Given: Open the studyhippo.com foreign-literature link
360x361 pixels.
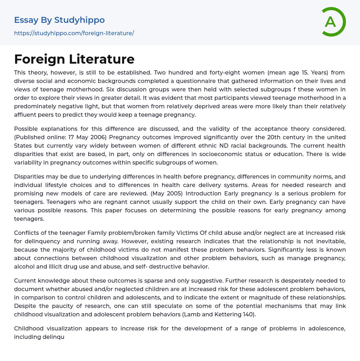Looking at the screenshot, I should [x=74, y=33].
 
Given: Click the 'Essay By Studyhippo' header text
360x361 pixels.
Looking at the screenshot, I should [x=59, y=20].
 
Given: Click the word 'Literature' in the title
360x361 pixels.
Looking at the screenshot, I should [x=102, y=59].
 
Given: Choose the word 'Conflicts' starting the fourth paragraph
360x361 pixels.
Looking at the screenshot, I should [x=27, y=233].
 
